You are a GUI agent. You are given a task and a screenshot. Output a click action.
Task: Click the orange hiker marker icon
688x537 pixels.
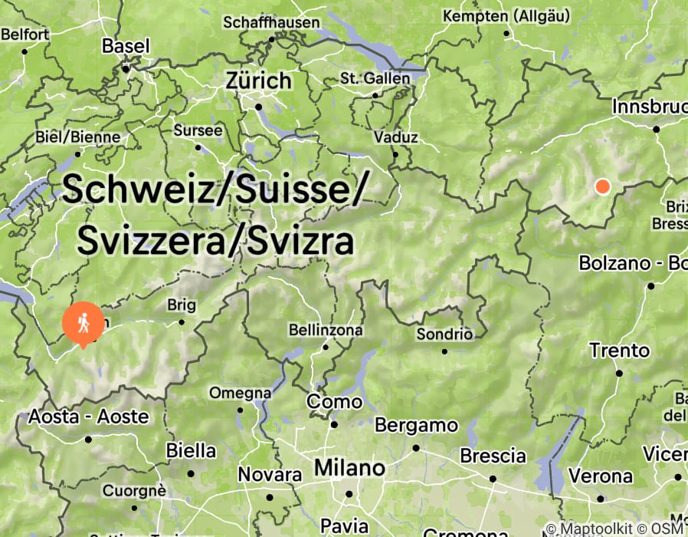click(83, 324)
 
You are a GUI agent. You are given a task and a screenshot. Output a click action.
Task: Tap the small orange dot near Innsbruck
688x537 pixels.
click(602, 186)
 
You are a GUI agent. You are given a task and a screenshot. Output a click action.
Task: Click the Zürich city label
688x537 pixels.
click(259, 81)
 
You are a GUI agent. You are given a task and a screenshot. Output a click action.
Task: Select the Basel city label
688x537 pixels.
click(126, 46)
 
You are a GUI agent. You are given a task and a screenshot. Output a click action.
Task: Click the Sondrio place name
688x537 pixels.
click(444, 334)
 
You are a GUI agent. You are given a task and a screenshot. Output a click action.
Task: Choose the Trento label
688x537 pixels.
click(619, 351)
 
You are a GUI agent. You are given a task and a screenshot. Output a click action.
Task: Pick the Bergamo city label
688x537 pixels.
click(415, 425)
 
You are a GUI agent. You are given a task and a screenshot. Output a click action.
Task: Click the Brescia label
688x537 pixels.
click(492, 456)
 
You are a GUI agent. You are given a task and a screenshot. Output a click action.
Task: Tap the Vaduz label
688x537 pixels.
click(395, 137)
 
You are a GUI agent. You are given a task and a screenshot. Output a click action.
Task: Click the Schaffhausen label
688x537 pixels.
click(271, 22)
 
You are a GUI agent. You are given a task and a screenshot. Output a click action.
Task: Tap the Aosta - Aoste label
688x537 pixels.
click(88, 417)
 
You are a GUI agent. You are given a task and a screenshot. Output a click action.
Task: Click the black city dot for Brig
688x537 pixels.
click(182, 321)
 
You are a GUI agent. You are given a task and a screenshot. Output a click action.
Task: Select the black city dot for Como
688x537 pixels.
click(334, 424)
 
